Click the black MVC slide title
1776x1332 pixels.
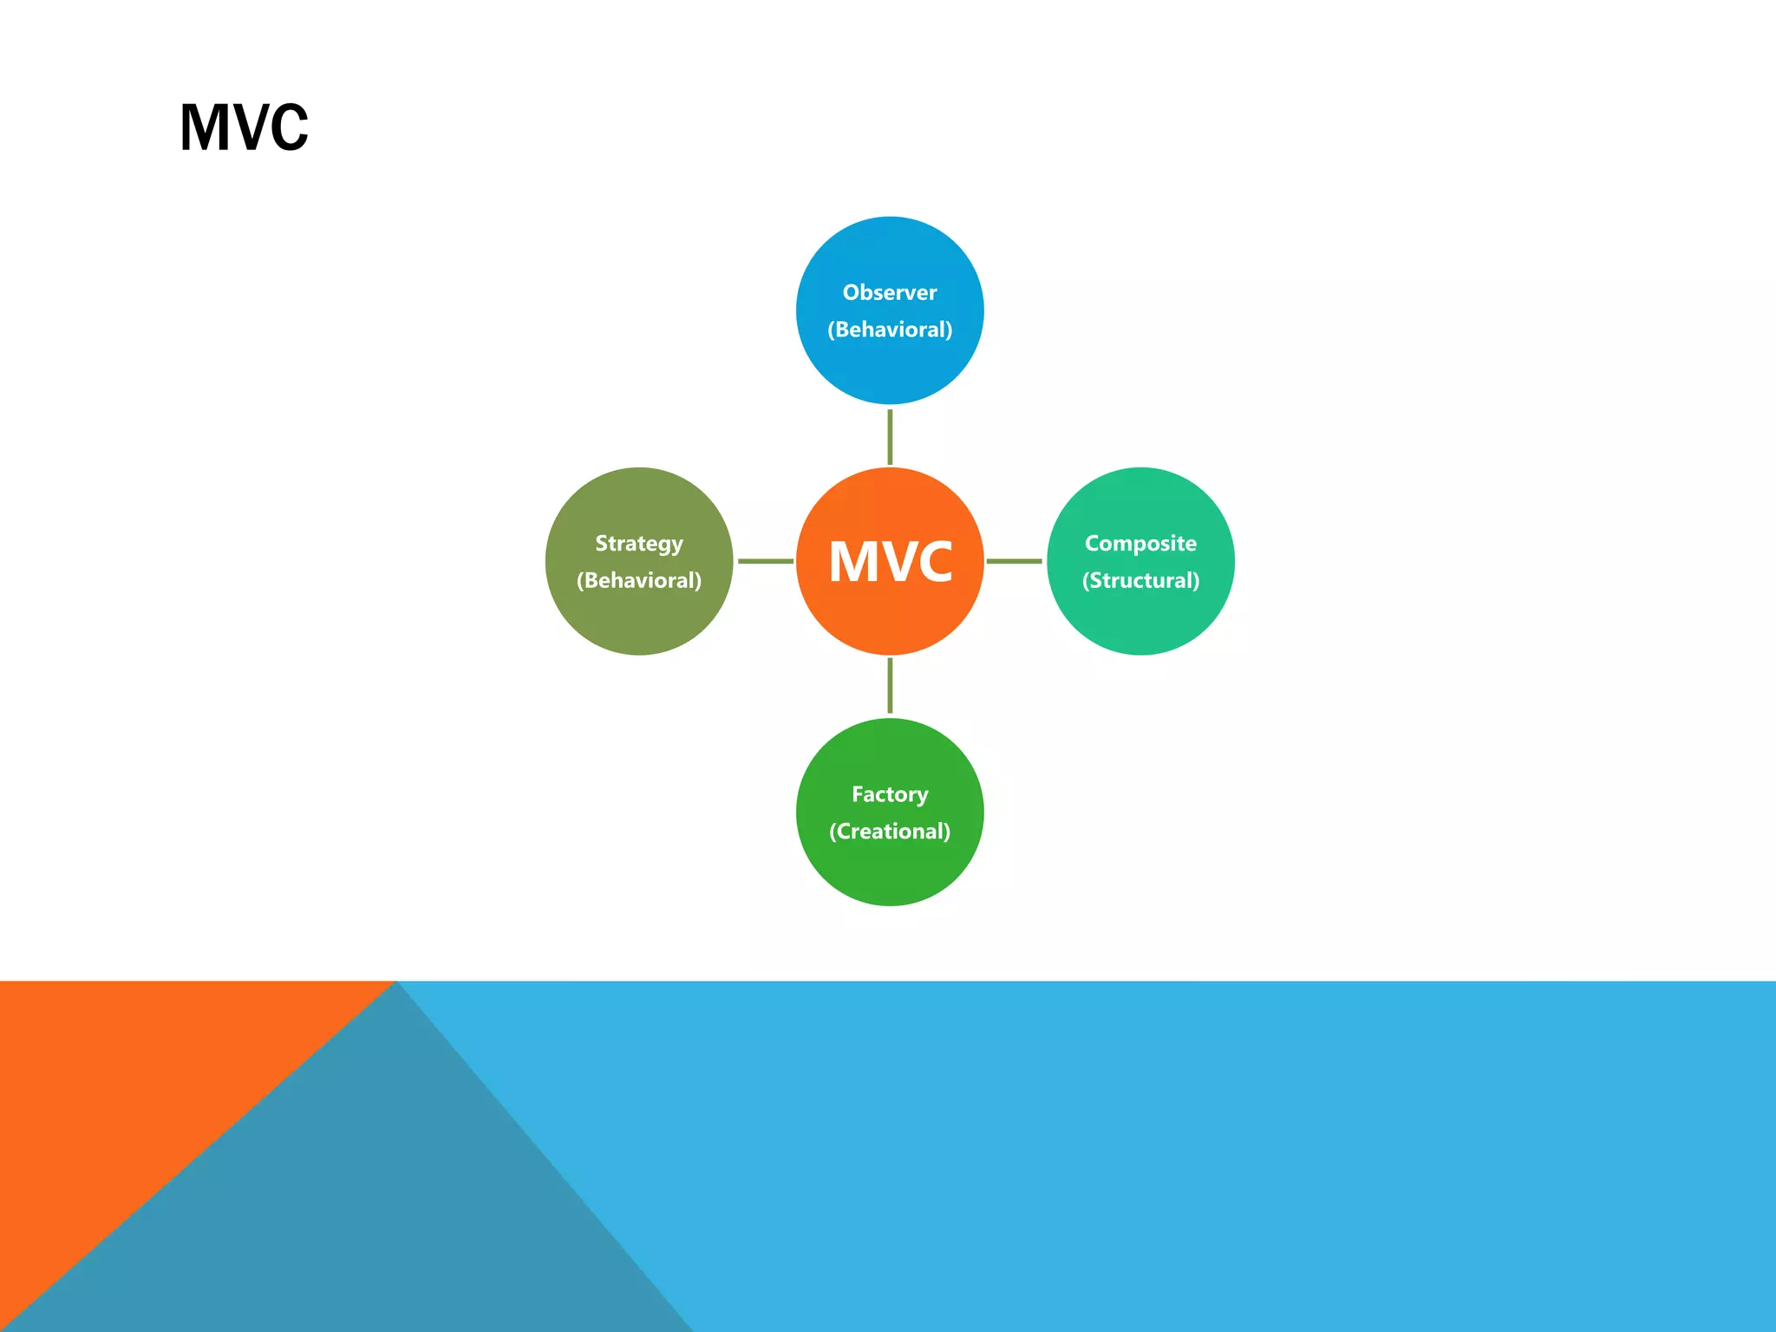point(244,128)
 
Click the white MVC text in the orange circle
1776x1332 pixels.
point(891,562)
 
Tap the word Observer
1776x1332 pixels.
point(890,293)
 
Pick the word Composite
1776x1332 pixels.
point(1140,544)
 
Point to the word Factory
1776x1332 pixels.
point(890,794)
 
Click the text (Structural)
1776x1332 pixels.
point(1140,581)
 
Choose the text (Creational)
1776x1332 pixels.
point(890,832)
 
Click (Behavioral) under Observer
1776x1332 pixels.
point(890,330)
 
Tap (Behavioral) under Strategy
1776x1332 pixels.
point(639,581)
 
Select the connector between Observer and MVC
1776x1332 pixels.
point(890,436)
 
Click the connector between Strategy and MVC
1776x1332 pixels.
point(765,561)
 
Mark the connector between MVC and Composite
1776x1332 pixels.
point(1015,561)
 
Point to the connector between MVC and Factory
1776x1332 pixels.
point(890,686)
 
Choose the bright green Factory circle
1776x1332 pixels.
point(890,872)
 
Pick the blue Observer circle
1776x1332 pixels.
point(890,251)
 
